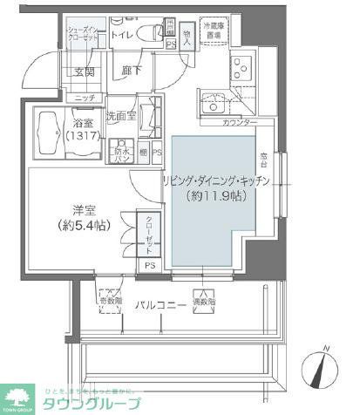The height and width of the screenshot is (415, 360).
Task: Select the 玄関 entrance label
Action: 85,72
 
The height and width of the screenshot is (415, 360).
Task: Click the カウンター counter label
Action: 240,123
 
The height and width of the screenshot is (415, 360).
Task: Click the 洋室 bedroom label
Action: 84,209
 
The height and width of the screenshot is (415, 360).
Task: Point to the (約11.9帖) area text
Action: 217,197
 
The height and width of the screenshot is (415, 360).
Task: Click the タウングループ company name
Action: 99,404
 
